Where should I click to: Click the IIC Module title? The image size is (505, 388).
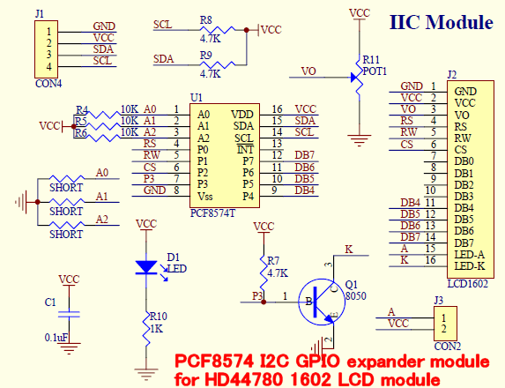(441, 22)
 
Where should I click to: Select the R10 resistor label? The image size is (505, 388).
(158, 315)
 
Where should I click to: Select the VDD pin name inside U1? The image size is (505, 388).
(241, 114)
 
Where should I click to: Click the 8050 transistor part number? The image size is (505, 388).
(355, 296)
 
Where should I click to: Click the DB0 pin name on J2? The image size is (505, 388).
(464, 162)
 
